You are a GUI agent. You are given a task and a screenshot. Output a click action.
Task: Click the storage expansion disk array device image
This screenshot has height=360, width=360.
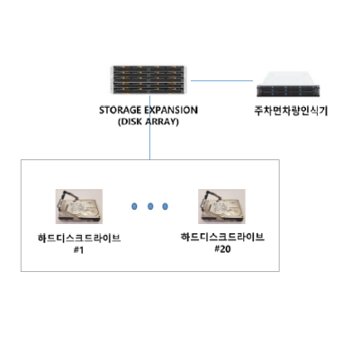[148, 79]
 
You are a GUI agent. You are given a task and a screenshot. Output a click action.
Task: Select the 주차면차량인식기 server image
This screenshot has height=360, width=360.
[288, 85]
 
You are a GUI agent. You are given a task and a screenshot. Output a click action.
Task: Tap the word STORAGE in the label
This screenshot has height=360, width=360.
[120, 110]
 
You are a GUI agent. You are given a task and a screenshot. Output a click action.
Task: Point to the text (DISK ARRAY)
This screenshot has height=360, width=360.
[148, 122]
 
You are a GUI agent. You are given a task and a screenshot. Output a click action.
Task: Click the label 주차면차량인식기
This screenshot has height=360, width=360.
[291, 111]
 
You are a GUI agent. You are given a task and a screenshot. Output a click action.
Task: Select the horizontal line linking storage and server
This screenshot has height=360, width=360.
[222, 80]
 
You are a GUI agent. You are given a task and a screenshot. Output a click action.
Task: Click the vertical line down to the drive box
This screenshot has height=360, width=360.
[149, 128]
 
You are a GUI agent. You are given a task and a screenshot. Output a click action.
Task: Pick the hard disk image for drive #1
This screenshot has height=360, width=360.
[79, 206]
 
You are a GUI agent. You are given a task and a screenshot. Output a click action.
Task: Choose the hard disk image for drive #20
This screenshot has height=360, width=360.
[221, 206]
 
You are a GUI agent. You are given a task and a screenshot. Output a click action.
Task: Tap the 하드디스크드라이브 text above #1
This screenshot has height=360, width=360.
[79, 238]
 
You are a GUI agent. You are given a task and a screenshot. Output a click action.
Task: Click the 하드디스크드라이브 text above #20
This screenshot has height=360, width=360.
[222, 237]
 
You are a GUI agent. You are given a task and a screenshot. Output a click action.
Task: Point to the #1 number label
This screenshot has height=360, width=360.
[78, 250]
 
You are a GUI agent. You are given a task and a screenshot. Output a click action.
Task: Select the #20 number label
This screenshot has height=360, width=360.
[222, 249]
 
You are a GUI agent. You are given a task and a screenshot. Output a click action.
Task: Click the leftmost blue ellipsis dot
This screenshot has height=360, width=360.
[134, 206]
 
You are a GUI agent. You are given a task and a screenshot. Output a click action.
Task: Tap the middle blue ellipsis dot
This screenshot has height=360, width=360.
[150, 206]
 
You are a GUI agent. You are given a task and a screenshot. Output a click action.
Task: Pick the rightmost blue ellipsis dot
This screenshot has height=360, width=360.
[165, 206]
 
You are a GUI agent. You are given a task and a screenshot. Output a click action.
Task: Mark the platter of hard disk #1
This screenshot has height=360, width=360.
[81, 208]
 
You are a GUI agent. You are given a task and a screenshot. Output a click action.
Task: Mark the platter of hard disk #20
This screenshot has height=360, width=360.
[224, 208]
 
